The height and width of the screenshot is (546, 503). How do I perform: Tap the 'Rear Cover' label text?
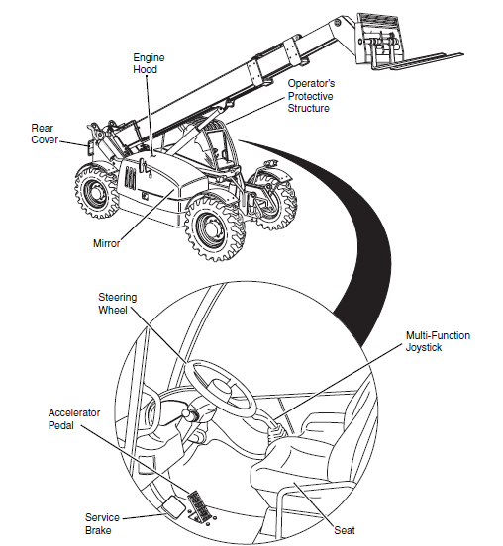(47, 134)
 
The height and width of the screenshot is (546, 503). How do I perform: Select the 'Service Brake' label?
(102, 524)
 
